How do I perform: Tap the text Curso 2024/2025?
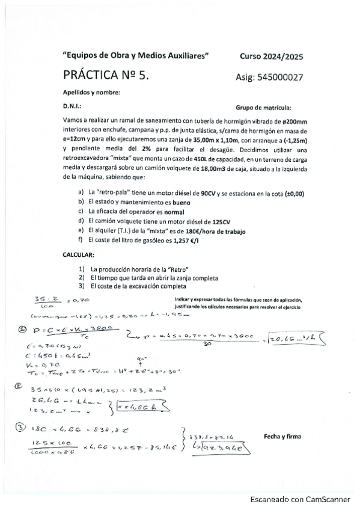tap(271, 57)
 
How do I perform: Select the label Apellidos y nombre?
tap(91, 92)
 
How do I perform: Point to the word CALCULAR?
tap(79, 255)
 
